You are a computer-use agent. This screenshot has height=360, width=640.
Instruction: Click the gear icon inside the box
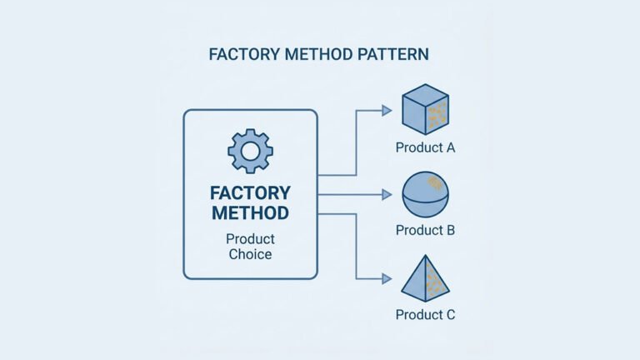click(250, 151)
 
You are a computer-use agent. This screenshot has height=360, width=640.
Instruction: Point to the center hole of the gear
click(250, 151)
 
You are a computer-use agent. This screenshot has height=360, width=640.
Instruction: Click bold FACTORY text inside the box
click(250, 193)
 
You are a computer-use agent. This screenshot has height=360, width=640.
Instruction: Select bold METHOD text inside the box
click(250, 213)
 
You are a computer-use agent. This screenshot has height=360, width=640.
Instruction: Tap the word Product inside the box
click(250, 238)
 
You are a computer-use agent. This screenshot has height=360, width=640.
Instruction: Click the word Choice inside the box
click(250, 254)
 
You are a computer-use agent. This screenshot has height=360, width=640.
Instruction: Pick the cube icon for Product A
click(425, 109)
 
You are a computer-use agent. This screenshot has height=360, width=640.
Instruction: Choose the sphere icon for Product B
click(425, 194)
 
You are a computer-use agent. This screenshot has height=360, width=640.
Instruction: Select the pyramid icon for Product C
click(425, 277)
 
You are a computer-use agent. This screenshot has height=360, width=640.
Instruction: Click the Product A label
click(425, 148)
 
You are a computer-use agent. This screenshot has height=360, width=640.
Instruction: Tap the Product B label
click(425, 230)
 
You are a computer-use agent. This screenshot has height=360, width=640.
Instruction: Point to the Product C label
click(425, 315)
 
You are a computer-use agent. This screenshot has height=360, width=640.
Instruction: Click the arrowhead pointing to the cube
click(387, 110)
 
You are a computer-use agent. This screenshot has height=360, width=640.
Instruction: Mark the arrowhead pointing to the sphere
click(387, 194)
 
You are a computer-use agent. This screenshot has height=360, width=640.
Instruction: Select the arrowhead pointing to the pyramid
click(387, 278)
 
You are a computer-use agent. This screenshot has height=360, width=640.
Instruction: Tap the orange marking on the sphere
click(435, 182)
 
